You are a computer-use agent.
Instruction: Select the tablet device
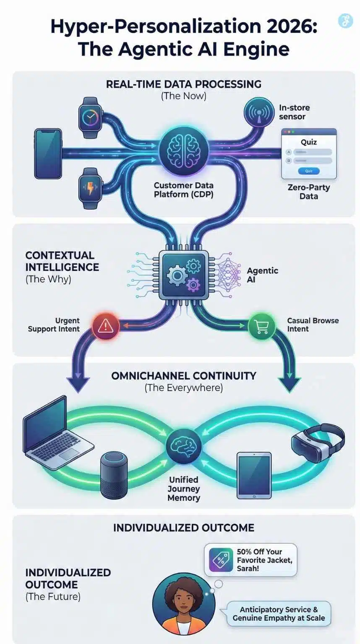254,475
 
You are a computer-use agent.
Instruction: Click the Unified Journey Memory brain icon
183,446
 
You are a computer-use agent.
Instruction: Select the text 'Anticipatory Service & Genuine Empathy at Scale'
279,613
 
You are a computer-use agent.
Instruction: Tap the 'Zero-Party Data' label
308,192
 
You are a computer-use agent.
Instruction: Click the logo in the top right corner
345,21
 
